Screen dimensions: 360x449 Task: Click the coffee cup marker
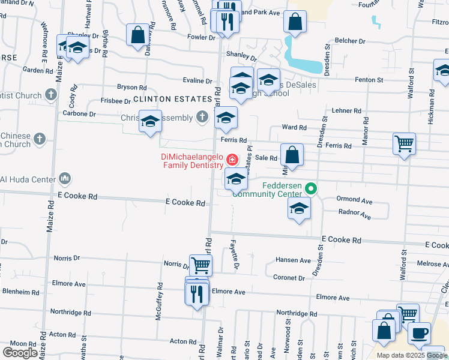(419, 332)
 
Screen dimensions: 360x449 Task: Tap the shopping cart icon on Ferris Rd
(405, 144)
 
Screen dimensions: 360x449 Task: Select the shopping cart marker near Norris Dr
(200, 265)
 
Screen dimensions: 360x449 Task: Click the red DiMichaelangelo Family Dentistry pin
(232, 160)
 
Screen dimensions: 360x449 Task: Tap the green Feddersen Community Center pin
(310, 188)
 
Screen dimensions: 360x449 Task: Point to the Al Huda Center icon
(65, 179)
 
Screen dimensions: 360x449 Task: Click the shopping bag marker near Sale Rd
(292, 155)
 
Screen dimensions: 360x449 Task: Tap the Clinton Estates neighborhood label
(173, 98)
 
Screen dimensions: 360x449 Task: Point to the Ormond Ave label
(355, 199)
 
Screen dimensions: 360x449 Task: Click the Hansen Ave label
(293, 260)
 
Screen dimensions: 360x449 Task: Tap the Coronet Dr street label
(289, 278)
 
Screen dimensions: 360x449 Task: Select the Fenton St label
(369, 79)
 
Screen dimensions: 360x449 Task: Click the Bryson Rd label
(132, 88)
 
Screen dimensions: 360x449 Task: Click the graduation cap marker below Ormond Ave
(299, 209)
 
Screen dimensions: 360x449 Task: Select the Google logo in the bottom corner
(20, 353)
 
